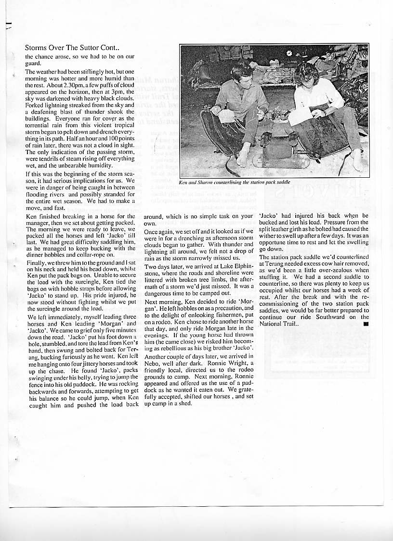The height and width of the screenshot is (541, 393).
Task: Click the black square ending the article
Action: tap(366, 324)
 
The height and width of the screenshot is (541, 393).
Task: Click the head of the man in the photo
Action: tap(242, 72)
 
